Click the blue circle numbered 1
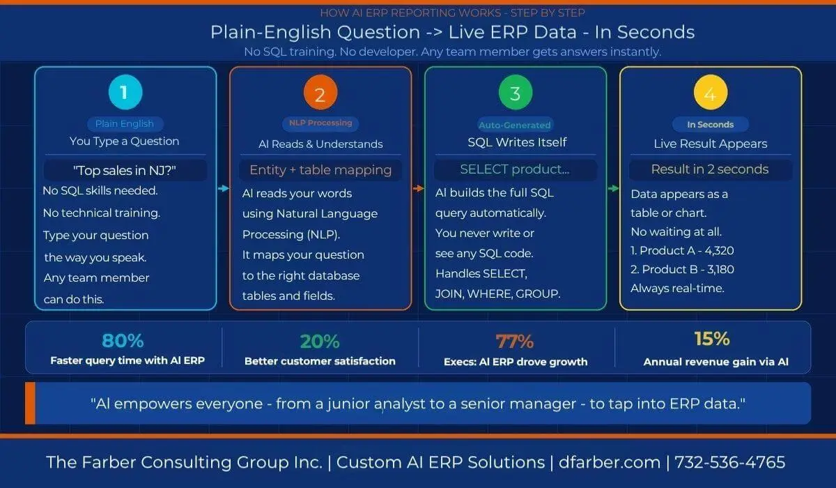point(125,93)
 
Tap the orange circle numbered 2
point(320,94)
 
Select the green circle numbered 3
point(516,93)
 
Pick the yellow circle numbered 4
point(711,94)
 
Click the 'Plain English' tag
point(125,124)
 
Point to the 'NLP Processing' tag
point(320,123)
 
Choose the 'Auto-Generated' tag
point(515,125)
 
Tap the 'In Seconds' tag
point(711,125)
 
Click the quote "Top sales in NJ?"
point(125,170)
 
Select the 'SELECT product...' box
point(515,169)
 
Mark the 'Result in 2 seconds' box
point(710,169)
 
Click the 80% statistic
point(123,341)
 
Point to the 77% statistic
point(515,342)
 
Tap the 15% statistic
point(712,340)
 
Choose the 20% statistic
point(320,342)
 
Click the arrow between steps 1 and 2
point(223,188)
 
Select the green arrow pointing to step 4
point(613,188)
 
